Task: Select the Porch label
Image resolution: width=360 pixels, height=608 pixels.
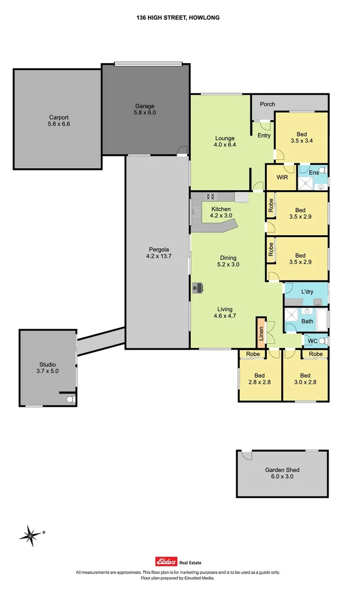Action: coord(268,104)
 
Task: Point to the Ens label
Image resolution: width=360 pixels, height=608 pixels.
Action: coord(313,172)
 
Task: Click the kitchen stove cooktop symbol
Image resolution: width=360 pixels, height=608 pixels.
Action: coord(211,196)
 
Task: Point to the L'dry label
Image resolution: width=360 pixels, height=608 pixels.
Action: coord(307,292)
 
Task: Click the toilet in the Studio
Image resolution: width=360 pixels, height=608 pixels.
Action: coord(70,399)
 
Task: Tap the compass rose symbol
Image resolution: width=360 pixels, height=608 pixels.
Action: coord(31,534)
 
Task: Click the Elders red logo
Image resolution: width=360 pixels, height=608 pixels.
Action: coord(166,561)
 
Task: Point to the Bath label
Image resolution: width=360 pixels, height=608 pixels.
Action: coord(307,321)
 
